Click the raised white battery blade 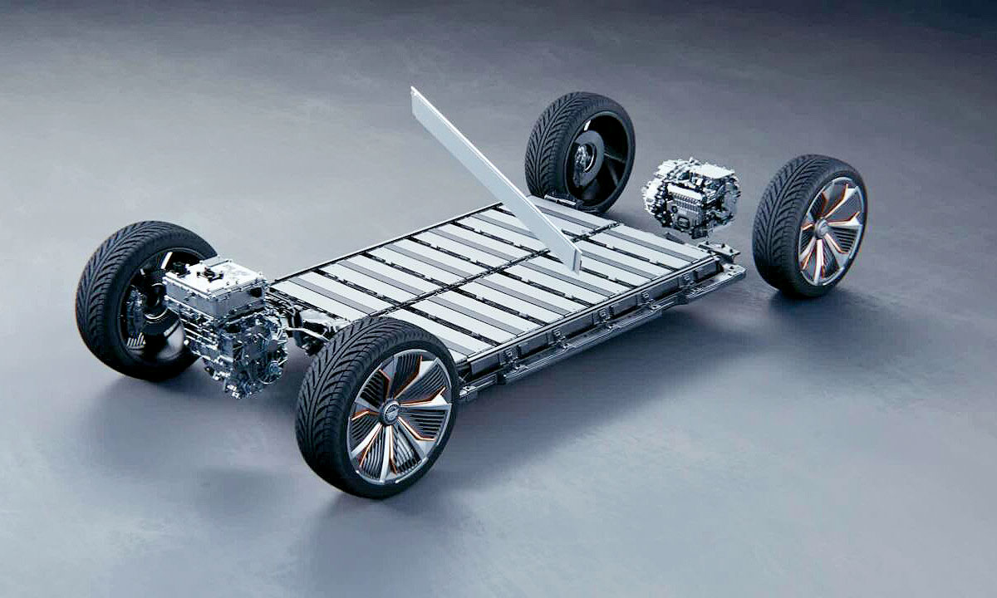490,174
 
